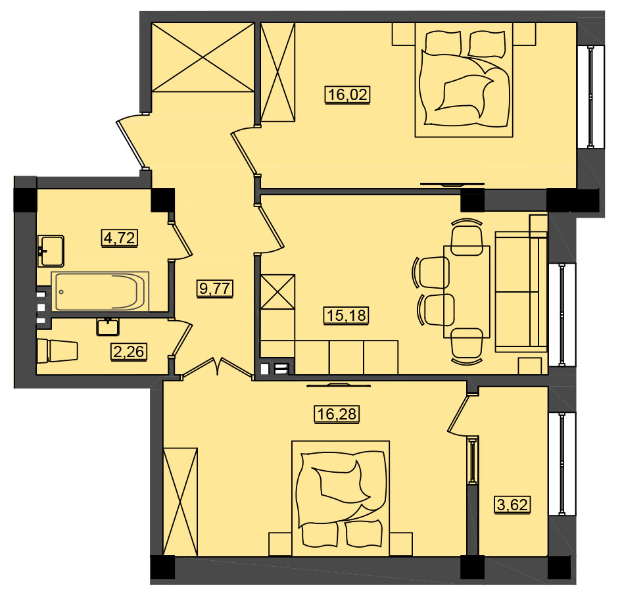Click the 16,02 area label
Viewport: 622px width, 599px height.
348,95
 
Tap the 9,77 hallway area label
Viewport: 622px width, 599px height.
215,289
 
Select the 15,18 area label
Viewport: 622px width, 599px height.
347,316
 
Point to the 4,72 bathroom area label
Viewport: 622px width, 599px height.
120,239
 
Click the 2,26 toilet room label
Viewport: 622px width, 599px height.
129,352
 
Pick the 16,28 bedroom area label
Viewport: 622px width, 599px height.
337,414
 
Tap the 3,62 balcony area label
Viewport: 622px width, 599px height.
513,505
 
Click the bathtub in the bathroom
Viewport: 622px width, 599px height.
100,291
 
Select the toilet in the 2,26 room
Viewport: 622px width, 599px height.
57,350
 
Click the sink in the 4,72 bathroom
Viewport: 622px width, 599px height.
51,251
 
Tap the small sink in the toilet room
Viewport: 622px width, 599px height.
107,327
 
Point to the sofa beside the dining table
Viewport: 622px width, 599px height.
521,292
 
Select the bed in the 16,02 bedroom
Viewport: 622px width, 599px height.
464,80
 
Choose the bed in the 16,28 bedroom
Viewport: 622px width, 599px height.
341,498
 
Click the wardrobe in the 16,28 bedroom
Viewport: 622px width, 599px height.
180,502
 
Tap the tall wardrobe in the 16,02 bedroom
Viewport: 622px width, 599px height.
277,72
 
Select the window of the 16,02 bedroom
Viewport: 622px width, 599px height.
590,97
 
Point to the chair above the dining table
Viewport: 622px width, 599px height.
467,237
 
